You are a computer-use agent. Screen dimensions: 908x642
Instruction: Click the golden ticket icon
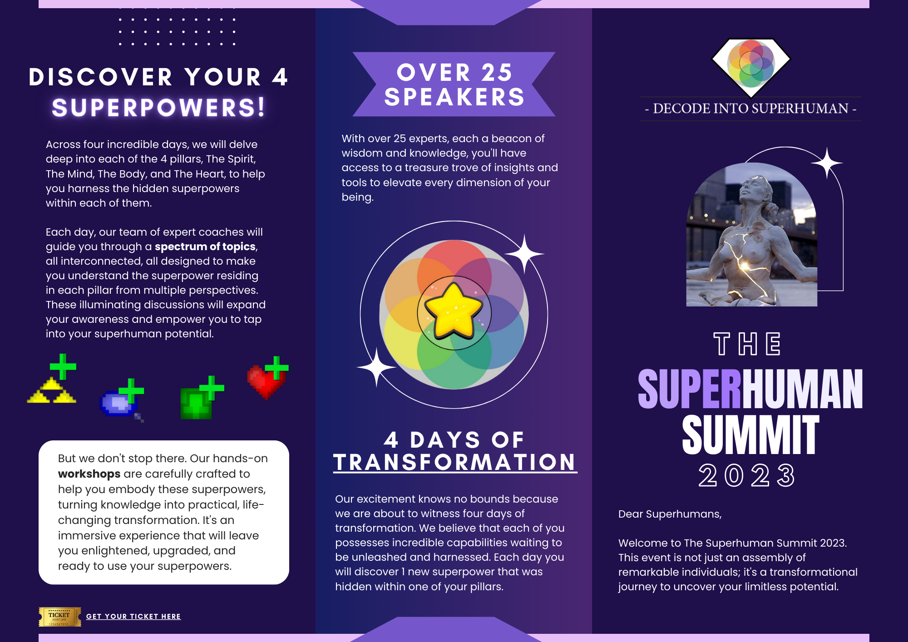click(60, 617)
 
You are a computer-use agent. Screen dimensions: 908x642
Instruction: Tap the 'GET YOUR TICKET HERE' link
click(133, 617)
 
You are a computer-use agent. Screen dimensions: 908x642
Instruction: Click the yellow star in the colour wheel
click(453, 311)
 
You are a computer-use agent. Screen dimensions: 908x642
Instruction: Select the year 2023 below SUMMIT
click(747, 475)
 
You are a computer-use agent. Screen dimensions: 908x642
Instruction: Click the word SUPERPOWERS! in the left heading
click(158, 108)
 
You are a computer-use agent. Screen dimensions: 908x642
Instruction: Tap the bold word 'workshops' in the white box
click(89, 474)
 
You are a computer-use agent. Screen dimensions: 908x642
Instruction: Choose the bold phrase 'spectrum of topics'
click(205, 247)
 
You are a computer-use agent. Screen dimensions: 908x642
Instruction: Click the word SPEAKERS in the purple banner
click(454, 97)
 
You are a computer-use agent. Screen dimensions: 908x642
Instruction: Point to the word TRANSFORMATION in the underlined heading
click(455, 462)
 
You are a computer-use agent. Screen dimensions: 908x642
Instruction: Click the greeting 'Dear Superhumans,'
click(670, 514)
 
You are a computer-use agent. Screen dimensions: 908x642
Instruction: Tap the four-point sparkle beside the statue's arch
click(827, 163)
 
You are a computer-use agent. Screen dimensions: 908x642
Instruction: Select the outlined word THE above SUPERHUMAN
click(747, 344)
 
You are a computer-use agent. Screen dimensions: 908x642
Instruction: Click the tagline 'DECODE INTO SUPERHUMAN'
click(750, 109)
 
